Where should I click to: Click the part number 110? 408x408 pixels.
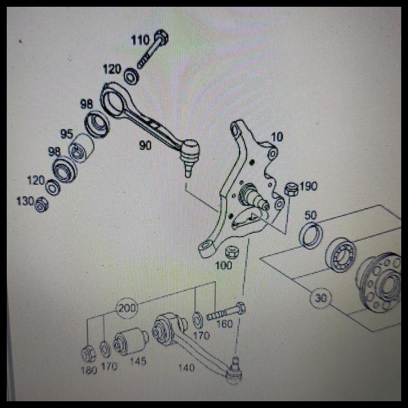(140, 41)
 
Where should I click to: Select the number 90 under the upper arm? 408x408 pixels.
(145, 145)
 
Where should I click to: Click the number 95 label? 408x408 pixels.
(67, 135)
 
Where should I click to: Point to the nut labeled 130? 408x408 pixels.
(41, 205)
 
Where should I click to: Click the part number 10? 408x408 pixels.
(277, 137)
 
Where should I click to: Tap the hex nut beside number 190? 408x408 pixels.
(291, 189)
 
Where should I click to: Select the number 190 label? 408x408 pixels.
(308, 187)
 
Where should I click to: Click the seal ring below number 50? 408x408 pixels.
(311, 235)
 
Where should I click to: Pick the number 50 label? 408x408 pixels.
(311, 215)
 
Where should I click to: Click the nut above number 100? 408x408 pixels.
(231, 251)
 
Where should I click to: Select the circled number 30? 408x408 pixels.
(321, 298)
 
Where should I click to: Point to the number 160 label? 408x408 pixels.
(224, 324)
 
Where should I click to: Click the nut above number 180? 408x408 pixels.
(88, 353)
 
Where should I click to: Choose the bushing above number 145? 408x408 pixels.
(130, 341)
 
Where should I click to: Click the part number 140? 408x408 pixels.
(185, 367)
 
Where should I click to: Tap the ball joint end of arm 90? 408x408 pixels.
(189, 152)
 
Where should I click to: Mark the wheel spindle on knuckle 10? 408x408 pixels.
(252, 196)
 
